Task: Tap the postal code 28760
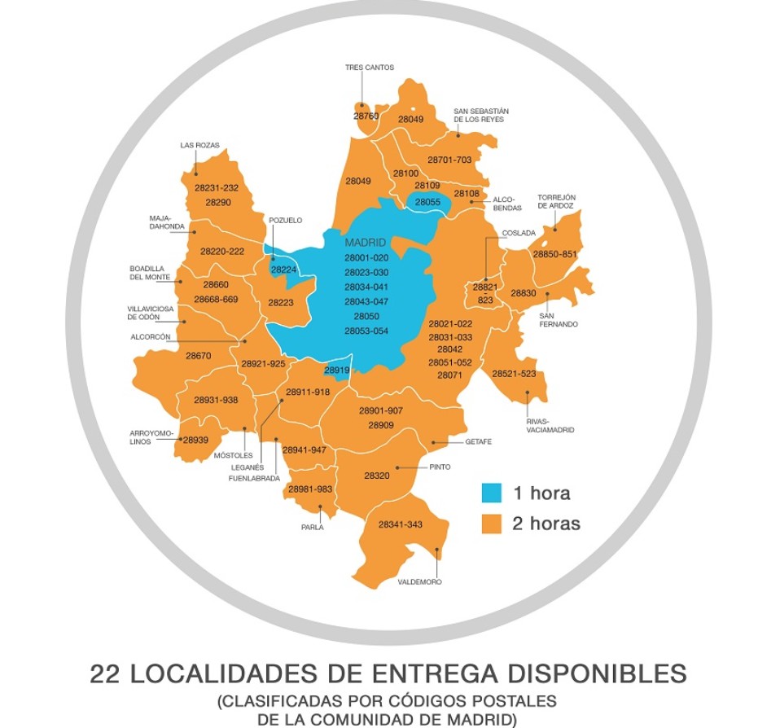click(366, 116)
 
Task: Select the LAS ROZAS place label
click(199, 146)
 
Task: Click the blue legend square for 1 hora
click(491, 493)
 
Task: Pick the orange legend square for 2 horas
click(491, 524)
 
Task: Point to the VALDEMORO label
click(419, 582)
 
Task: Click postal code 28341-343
click(400, 524)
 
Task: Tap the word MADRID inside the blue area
click(366, 243)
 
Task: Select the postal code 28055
click(427, 202)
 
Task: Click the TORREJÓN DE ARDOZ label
click(556, 201)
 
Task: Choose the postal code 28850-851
click(554, 254)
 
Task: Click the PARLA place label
click(312, 527)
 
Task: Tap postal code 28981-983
click(310, 489)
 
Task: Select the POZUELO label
click(285, 220)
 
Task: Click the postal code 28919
click(336, 371)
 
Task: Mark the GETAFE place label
click(479, 442)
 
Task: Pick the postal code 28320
click(378, 475)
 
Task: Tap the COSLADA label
click(519, 233)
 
